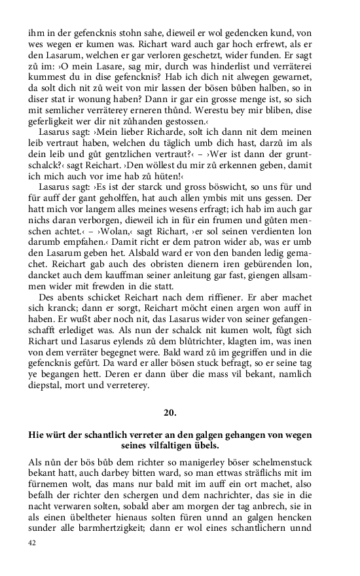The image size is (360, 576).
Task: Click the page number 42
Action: pyautogui.click(x=33, y=542)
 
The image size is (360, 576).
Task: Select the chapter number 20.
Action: pyautogui.click(x=170, y=412)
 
